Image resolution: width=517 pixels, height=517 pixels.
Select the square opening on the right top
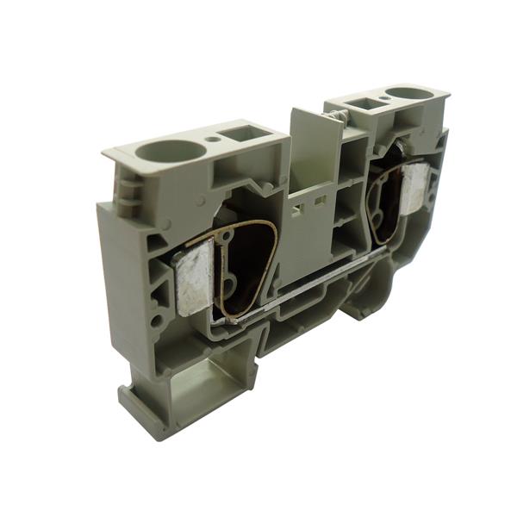point(361,105)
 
